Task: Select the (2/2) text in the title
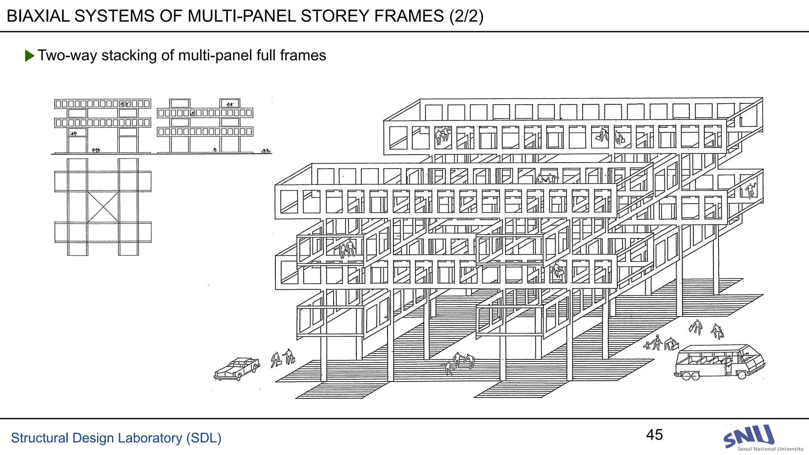(x=466, y=16)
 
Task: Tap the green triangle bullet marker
(x=29, y=56)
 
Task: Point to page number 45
(x=654, y=435)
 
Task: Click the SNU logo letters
(x=749, y=436)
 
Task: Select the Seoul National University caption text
(x=770, y=449)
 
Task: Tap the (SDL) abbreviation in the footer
(x=203, y=438)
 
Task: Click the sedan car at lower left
(x=237, y=369)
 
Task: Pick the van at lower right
(x=719, y=361)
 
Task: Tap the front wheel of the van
(x=742, y=375)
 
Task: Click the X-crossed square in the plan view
(x=103, y=207)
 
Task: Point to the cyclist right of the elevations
(x=266, y=151)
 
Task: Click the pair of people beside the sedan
(x=283, y=358)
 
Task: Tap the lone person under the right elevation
(x=215, y=150)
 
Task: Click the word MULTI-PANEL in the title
(x=242, y=16)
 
